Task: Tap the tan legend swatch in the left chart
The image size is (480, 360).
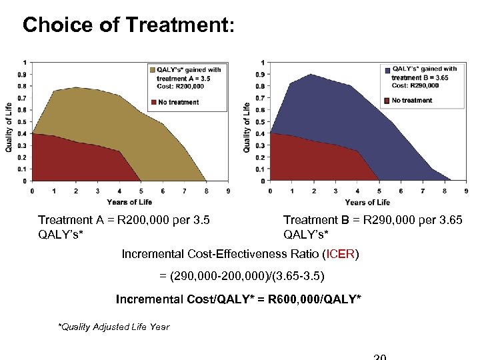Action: click(x=151, y=69)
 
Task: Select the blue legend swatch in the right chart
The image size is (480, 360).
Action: click(x=387, y=69)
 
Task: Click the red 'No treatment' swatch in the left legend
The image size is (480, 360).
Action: click(x=151, y=102)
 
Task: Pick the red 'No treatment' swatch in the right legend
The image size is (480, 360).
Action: click(x=387, y=100)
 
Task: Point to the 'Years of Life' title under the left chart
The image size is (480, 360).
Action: click(x=129, y=202)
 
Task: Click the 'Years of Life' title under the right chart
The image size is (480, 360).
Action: click(x=367, y=202)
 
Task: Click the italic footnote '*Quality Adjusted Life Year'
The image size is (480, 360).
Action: click(x=114, y=327)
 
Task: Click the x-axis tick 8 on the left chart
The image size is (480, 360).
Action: click(x=206, y=191)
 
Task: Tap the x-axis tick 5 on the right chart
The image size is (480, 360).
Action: click(x=379, y=191)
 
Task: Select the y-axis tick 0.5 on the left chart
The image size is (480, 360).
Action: click(x=23, y=122)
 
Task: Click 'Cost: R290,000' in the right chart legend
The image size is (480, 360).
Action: click(x=415, y=85)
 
